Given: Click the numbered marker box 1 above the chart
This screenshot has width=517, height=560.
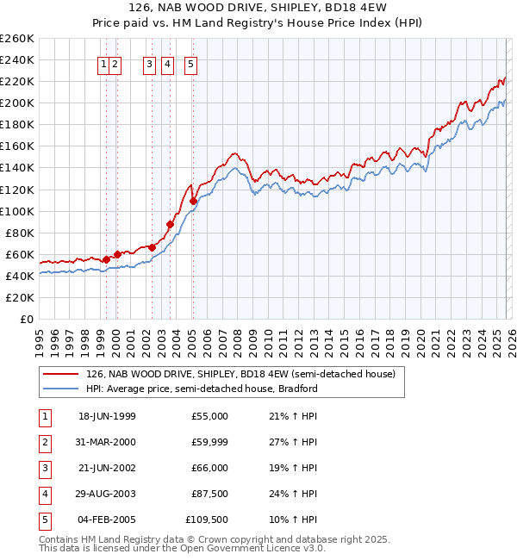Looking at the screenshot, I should [x=104, y=63].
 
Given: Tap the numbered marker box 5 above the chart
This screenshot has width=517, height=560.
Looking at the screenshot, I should [x=190, y=63].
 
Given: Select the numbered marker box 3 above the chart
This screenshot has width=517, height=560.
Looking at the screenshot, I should [x=149, y=63].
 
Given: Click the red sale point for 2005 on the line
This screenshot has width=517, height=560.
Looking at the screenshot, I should [x=193, y=201].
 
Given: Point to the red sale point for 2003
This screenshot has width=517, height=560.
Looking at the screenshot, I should [x=171, y=225].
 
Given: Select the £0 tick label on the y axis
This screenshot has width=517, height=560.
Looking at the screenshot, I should [x=26, y=319].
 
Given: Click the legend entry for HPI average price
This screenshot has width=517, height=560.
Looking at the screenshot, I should [x=202, y=389].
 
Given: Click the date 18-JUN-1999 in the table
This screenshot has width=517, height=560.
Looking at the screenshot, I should [x=107, y=416].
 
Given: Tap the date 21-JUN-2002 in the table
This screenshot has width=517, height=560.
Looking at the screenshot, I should [x=107, y=469].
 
